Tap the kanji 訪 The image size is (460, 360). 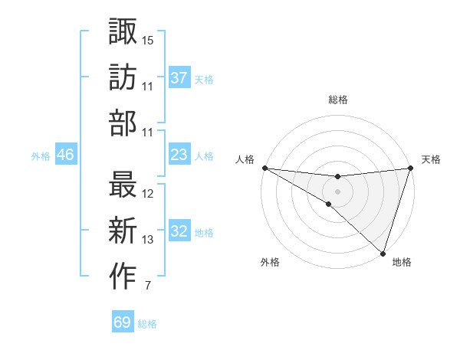[x=123, y=77]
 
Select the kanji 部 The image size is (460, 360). [x=123, y=123]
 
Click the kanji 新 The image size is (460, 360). [x=123, y=231]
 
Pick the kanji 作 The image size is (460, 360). [x=123, y=277]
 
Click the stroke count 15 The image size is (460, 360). [x=148, y=40]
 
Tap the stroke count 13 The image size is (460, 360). [x=148, y=240]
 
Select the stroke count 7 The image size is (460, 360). [x=147, y=286]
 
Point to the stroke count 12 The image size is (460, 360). [x=148, y=194]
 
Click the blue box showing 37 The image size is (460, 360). [x=179, y=78]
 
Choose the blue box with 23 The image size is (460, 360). [x=179, y=155]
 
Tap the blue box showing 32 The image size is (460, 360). [x=179, y=231]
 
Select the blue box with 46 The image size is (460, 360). [x=65, y=155]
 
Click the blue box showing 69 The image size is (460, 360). [x=122, y=322]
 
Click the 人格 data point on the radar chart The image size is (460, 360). [x=264, y=168]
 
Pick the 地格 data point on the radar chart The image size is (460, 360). [x=383, y=254]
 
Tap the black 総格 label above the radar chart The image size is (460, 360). [x=337, y=100]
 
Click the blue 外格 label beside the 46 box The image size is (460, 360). [x=41, y=156]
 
